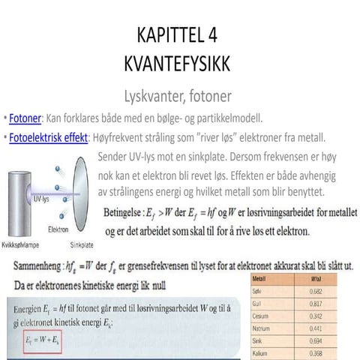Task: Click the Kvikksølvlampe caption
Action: tap(22, 244)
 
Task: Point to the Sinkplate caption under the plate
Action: tap(82, 244)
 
